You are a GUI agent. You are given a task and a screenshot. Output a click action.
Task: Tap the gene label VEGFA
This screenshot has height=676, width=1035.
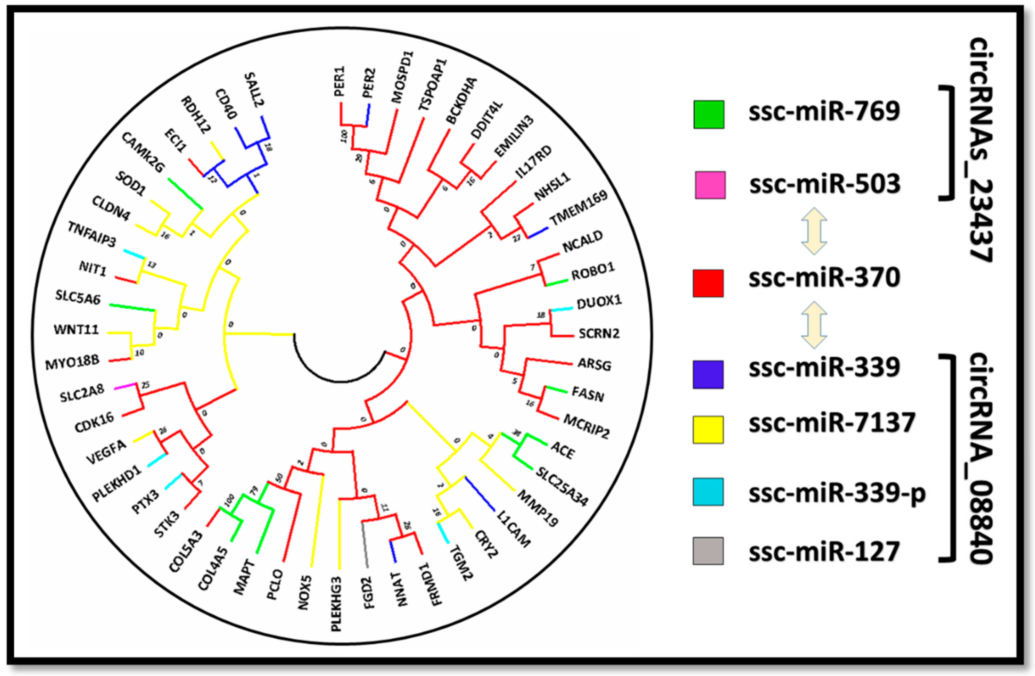[x=107, y=452]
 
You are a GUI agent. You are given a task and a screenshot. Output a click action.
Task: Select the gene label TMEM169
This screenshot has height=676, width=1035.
[x=579, y=208]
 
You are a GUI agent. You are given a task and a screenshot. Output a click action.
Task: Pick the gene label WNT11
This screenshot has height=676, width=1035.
[x=76, y=329]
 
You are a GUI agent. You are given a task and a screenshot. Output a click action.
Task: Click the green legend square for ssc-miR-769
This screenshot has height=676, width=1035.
[x=709, y=114]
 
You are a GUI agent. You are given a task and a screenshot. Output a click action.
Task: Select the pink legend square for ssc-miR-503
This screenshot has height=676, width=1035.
[x=710, y=185]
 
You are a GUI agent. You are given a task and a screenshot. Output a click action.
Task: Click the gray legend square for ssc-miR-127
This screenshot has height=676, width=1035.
[x=708, y=551]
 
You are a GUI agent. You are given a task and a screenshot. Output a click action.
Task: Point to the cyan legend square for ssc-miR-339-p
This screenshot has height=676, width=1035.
[x=708, y=492]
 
